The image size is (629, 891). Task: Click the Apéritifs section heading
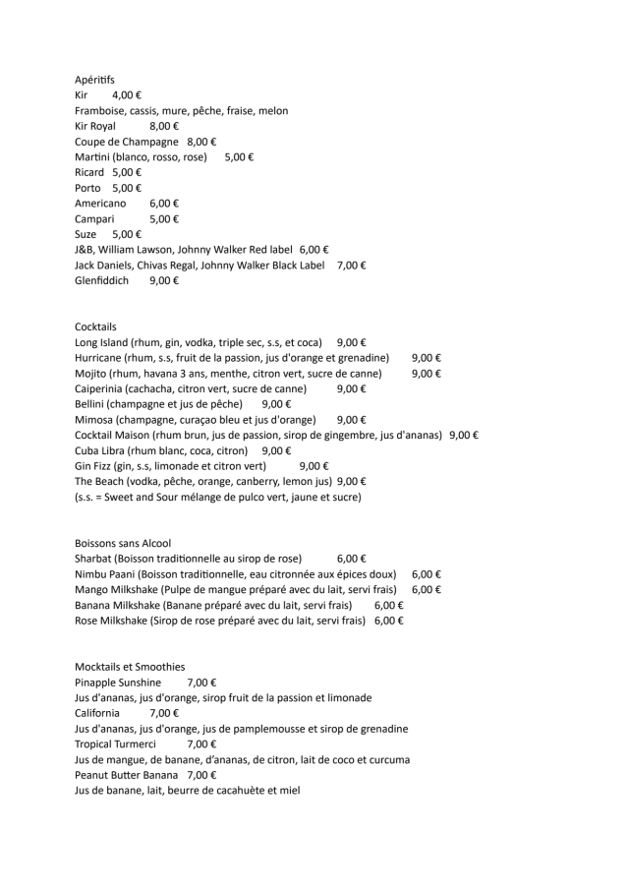(94, 79)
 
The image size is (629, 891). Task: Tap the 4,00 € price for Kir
(127, 95)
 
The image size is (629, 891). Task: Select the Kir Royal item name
(95, 127)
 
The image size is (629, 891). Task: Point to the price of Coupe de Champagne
(201, 143)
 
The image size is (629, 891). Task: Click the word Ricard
(89, 172)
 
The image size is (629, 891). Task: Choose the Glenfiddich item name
(101, 280)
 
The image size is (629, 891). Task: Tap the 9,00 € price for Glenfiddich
(164, 280)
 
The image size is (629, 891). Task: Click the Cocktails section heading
(95, 327)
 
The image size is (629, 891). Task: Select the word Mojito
(90, 374)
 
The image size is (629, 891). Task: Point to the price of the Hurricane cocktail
(426, 358)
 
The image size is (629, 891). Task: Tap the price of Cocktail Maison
(464, 435)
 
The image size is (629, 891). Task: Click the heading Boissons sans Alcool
(123, 543)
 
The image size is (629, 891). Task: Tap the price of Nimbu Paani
(426, 574)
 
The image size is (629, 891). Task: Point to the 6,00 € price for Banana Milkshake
(389, 605)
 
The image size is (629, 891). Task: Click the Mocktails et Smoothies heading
(130, 667)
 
